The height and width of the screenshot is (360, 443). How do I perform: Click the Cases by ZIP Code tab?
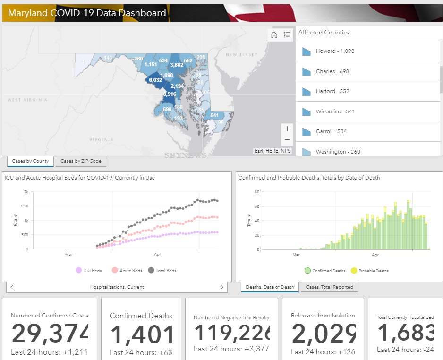pos(81,161)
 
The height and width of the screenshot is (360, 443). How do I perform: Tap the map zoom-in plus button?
pos(287,129)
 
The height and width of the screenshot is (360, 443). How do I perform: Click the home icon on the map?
pos(274,34)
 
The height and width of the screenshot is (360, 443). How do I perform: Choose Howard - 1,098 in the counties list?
pos(335,51)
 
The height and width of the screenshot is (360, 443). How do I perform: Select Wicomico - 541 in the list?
pos(335,111)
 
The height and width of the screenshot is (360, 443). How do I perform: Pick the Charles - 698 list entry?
pos(332,71)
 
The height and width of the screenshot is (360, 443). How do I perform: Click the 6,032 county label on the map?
pos(155,80)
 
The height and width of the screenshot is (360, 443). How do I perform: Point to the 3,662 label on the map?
pos(177,65)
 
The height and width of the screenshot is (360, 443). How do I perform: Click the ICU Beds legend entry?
pos(89,271)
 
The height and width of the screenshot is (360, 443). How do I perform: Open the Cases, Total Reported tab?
pos(329,287)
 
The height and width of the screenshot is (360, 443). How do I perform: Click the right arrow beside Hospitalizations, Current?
pos(221,287)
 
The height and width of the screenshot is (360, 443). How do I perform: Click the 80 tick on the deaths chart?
pos(257,192)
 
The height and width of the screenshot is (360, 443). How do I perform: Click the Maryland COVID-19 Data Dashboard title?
pos(87,13)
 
